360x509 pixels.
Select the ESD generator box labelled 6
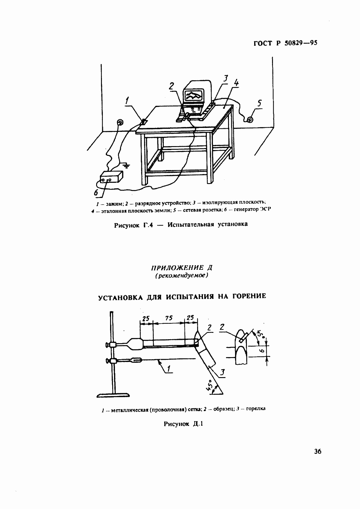(112, 177)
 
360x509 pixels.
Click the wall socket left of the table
(120, 122)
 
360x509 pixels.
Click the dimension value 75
(169, 318)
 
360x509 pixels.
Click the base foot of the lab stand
(113, 395)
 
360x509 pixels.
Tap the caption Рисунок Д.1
(183, 424)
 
